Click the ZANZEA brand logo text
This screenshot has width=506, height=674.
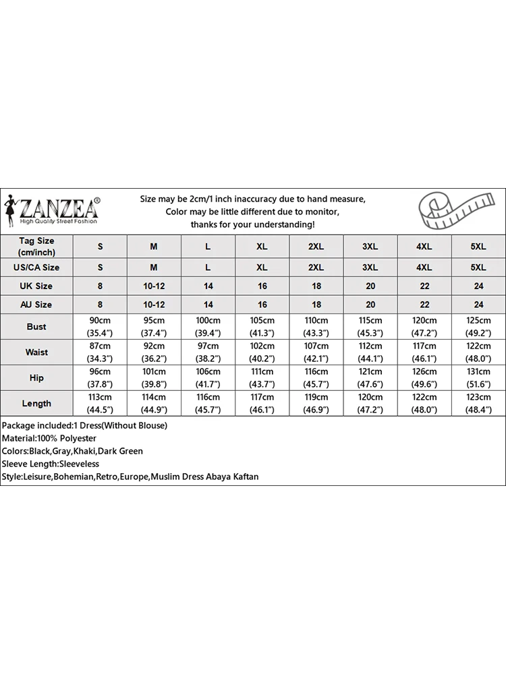[x=59, y=205]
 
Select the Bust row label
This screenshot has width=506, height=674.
[x=36, y=327]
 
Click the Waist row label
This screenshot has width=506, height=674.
[x=36, y=353]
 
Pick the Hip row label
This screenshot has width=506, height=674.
[x=36, y=378]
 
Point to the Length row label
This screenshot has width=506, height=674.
[x=36, y=404]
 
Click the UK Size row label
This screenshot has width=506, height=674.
[x=36, y=286]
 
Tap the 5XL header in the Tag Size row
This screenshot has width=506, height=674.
[x=478, y=247]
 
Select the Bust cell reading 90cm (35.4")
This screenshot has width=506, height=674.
[x=100, y=327]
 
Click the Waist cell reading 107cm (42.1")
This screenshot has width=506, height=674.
[x=316, y=353]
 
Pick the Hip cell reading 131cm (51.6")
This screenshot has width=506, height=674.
[x=478, y=378]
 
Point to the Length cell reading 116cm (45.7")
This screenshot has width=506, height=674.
[x=208, y=404]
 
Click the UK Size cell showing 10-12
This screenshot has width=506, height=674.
[x=154, y=286]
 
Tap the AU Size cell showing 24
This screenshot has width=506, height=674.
[x=478, y=305]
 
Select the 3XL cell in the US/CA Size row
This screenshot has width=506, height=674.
[x=370, y=268]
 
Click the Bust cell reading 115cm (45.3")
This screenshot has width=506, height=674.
[x=370, y=327]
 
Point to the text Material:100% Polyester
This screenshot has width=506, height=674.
[x=49, y=438]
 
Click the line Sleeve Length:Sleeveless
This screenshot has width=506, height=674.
[x=51, y=464]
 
